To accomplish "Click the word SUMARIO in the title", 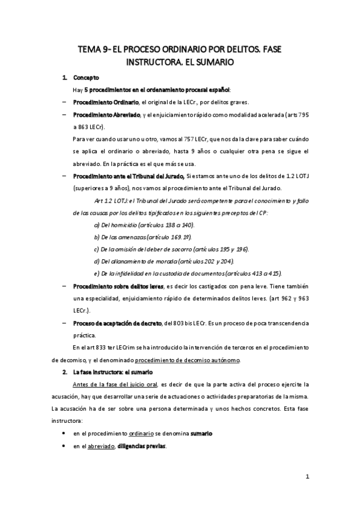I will (x=212, y=61).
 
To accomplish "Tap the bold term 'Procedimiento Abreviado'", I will (x=106, y=114).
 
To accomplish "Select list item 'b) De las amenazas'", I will (x=136, y=236).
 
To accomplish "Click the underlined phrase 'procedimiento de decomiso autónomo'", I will (x=188, y=360).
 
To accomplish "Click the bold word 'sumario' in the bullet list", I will (x=201, y=433).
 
